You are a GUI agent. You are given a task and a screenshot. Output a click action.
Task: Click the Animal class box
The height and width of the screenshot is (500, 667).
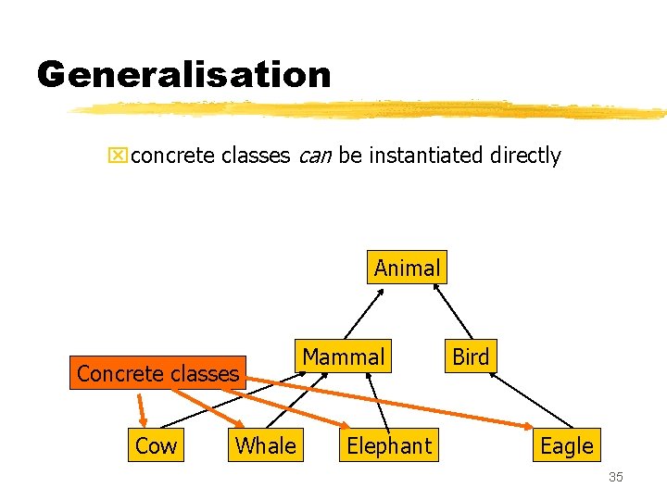pyautogui.click(x=407, y=268)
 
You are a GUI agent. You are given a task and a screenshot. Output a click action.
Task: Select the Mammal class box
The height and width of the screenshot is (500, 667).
pyautogui.click(x=343, y=356)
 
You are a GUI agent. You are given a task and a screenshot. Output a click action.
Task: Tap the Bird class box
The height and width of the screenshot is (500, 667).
pyautogui.click(x=471, y=356)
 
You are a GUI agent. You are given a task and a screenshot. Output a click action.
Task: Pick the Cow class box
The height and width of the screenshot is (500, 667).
pyautogui.click(x=156, y=445)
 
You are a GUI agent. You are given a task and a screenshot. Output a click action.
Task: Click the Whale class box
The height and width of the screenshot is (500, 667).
pyautogui.click(x=265, y=445)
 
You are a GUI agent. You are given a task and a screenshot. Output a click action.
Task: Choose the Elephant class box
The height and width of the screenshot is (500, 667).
pyautogui.click(x=389, y=445)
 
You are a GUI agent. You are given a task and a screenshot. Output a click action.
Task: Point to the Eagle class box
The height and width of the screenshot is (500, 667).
pyautogui.click(x=566, y=445)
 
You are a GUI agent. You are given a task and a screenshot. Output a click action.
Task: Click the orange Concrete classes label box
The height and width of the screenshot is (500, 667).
pyautogui.click(x=158, y=373)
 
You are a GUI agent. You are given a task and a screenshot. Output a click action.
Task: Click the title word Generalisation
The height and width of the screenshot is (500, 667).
pyautogui.click(x=183, y=74)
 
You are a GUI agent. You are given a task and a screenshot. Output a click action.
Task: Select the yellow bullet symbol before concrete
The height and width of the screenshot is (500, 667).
pyautogui.click(x=118, y=156)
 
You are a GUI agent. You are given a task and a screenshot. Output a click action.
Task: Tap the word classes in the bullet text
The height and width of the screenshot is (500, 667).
pyautogui.click(x=257, y=156)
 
